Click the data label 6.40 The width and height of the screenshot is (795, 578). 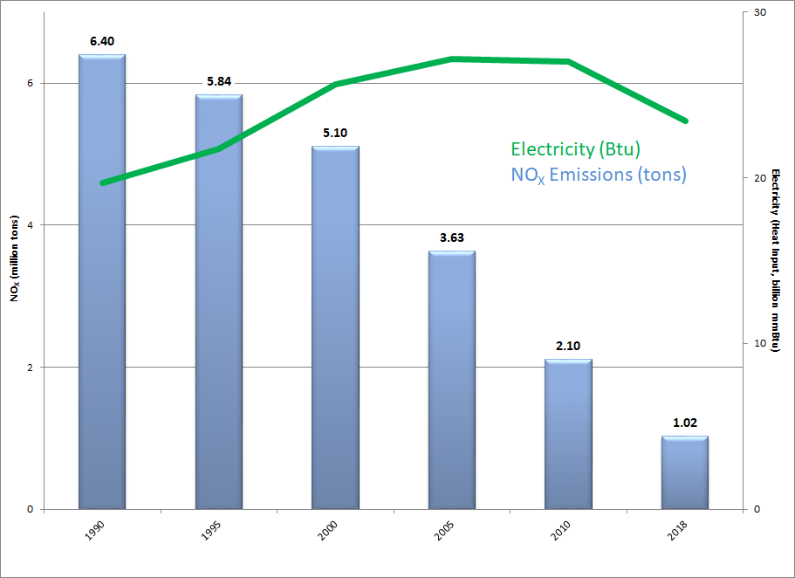click(102, 41)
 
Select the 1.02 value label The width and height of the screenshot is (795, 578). click(684, 423)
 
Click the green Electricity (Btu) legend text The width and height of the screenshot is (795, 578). click(576, 148)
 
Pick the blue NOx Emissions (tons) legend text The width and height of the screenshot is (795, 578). click(599, 175)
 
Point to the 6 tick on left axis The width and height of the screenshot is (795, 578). click(30, 83)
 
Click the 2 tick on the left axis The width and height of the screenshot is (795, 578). click(30, 367)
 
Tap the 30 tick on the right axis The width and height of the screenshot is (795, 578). click(759, 12)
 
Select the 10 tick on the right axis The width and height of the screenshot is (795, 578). click(759, 343)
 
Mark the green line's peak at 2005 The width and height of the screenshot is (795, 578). click(452, 58)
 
